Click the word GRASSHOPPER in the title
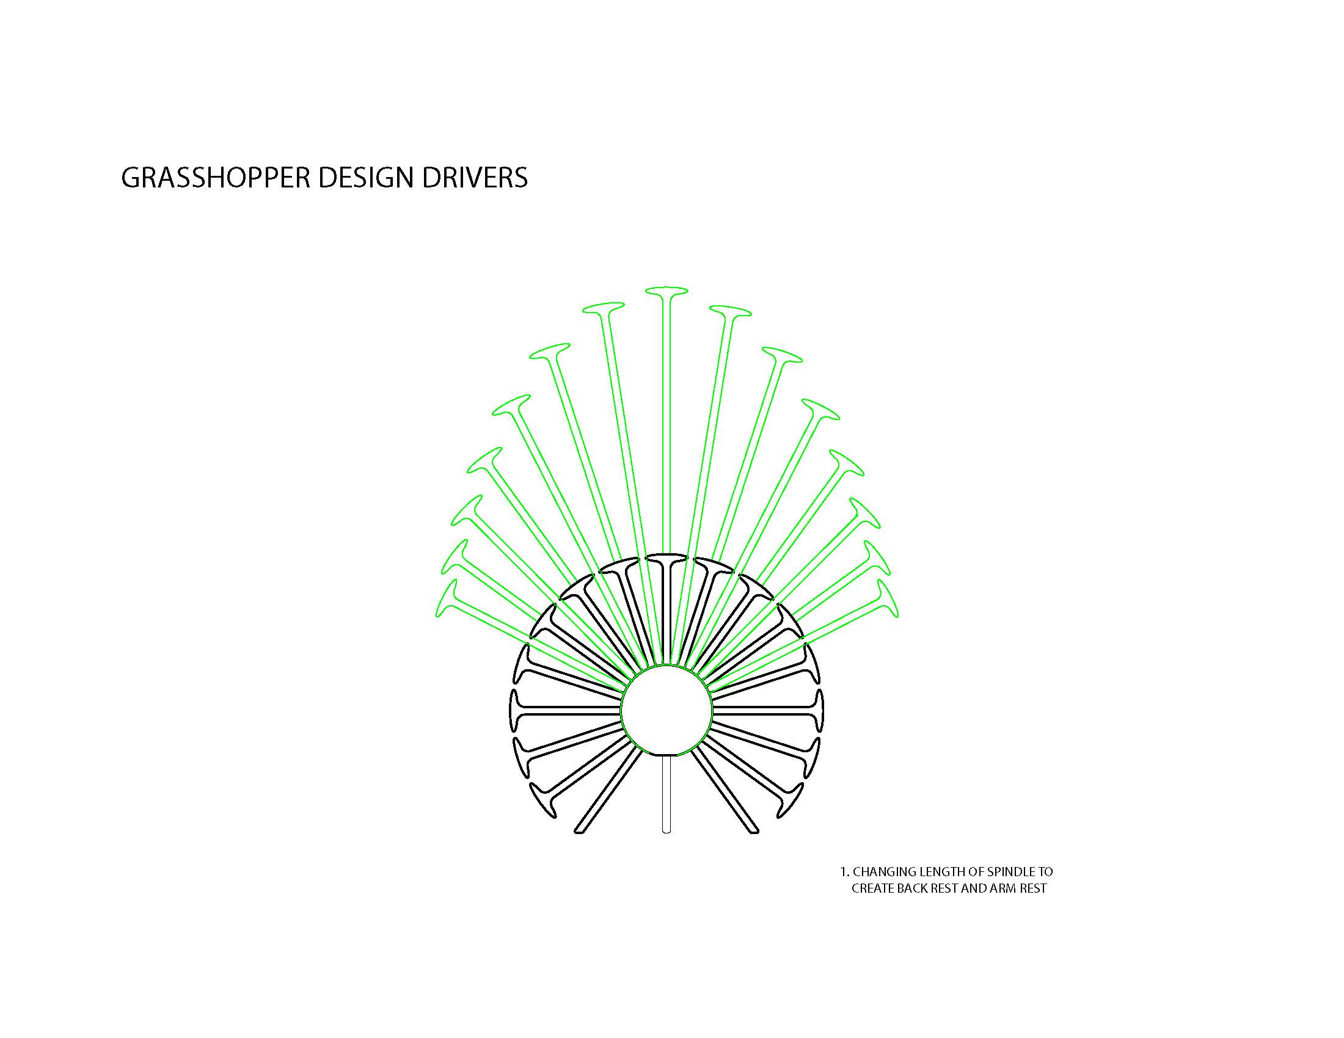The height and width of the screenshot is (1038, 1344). (217, 178)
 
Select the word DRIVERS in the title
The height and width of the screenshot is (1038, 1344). (475, 178)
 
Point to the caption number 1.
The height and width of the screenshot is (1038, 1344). (844, 872)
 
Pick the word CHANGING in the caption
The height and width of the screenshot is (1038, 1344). (880, 872)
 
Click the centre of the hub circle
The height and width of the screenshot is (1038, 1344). (667, 710)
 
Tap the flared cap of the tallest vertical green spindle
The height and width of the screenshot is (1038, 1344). (667, 290)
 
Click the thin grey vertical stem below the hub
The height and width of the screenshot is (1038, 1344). (666, 793)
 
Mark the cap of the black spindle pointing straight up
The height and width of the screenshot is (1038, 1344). (667, 559)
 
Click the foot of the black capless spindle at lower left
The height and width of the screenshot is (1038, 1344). (579, 831)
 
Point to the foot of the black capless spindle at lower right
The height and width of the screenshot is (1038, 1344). (754, 831)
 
